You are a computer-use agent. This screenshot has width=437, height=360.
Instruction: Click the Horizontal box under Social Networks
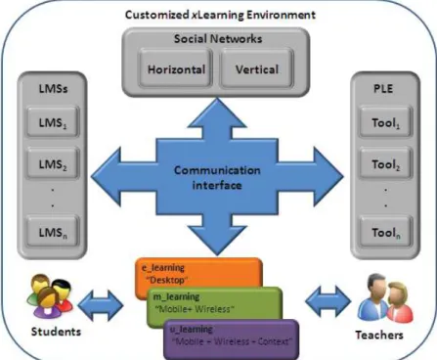point(176,68)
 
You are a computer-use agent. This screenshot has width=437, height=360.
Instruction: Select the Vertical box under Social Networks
point(257,68)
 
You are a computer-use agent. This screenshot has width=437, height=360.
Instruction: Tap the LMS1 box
point(53,122)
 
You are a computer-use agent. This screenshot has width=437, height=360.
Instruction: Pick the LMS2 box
point(53,163)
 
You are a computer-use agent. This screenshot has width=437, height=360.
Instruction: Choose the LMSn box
point(53,232)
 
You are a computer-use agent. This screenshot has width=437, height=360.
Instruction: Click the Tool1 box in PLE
point(386,122)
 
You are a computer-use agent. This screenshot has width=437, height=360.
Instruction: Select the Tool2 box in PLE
point(386,163)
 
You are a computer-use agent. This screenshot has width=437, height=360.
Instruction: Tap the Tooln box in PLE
point(386,232)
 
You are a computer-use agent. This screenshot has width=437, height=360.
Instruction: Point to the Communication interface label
point(217,178)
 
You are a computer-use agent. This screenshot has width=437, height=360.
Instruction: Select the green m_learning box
point(214,305)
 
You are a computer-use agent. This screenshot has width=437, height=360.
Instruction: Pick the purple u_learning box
point(232,339)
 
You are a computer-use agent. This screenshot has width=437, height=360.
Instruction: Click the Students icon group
point(50,295)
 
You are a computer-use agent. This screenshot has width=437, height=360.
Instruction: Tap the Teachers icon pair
point(385,298)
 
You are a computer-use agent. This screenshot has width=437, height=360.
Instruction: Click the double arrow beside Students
point(101,305)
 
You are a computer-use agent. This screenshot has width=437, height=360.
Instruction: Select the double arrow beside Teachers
point(328,301)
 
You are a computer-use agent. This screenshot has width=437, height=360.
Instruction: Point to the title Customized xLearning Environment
point(220,15)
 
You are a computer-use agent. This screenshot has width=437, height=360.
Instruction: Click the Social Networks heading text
point(218,39)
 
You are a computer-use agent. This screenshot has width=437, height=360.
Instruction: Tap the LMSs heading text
point(53,88)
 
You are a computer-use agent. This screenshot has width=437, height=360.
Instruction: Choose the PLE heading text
point(383,88)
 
